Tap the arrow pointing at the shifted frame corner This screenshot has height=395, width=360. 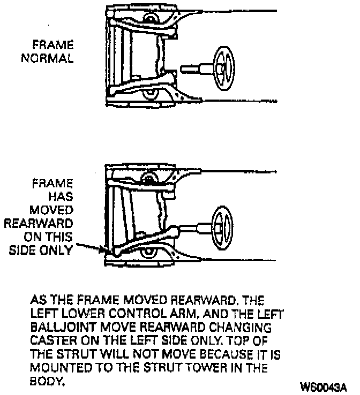(91, 247)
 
